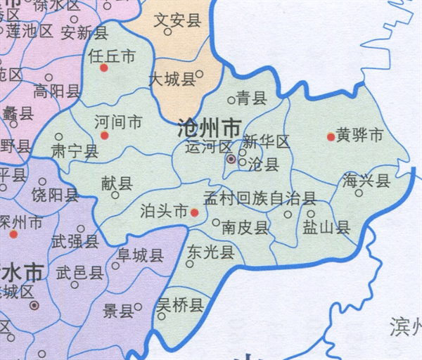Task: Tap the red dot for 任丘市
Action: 104,68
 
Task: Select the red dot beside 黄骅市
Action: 330,136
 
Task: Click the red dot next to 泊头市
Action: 195,212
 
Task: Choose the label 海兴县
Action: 366,181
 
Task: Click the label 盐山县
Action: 326,226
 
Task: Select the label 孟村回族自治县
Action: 260,198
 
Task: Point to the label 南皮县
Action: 245,228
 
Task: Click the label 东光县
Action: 210,252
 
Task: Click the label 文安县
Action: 177,20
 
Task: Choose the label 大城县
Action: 172,79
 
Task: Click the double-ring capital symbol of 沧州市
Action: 231,160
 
